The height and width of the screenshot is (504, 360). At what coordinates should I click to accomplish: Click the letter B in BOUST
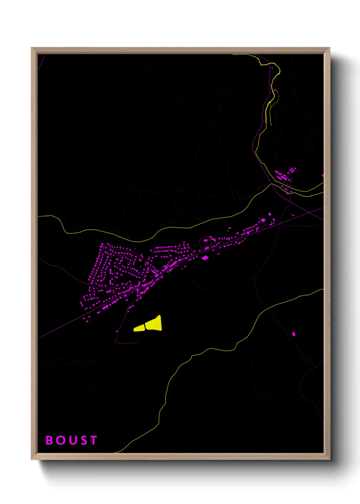(49, 440)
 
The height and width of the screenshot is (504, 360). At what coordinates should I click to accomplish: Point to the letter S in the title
(83, 440)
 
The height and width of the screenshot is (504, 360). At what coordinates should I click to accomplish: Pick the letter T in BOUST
(93, 440)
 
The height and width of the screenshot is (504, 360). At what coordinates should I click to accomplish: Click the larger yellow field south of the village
(155, 324)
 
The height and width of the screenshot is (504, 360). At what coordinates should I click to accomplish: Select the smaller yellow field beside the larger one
(139, 328)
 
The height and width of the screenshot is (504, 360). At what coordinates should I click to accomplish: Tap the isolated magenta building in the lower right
(294, 334)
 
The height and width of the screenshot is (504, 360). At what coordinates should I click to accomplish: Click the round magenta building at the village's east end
(263, 220)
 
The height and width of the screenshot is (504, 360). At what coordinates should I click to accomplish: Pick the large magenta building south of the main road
(205, 258)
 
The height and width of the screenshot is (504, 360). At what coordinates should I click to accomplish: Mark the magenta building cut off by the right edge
(323, 176)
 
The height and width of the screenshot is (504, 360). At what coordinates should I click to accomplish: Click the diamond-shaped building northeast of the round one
(270, 214)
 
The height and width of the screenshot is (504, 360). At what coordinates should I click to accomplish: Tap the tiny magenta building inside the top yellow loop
(272, 68)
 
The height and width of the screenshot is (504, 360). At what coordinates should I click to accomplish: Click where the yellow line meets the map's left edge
(38, 216)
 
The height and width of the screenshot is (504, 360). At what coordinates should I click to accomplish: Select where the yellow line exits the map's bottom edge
(116, 452)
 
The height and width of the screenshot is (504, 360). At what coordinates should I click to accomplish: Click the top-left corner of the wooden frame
(32, 48)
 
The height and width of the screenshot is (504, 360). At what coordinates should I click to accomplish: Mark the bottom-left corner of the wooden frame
(32, 459)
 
